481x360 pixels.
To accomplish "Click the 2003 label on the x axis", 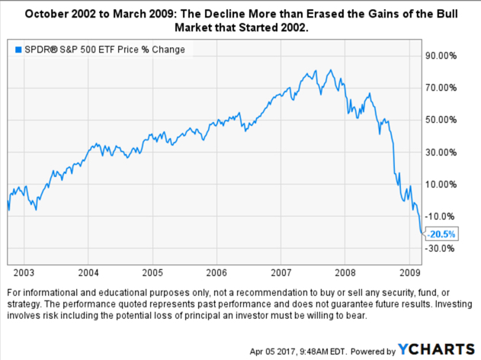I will [24, 272].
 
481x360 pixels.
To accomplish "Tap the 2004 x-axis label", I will [88, 272].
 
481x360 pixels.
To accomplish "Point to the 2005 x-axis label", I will [152, 272].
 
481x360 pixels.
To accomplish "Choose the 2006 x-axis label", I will [217, 272].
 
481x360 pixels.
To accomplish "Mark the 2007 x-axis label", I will [281, 272].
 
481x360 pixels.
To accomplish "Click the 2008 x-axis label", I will [346, 272].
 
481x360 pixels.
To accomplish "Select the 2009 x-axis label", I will [410, 272].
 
